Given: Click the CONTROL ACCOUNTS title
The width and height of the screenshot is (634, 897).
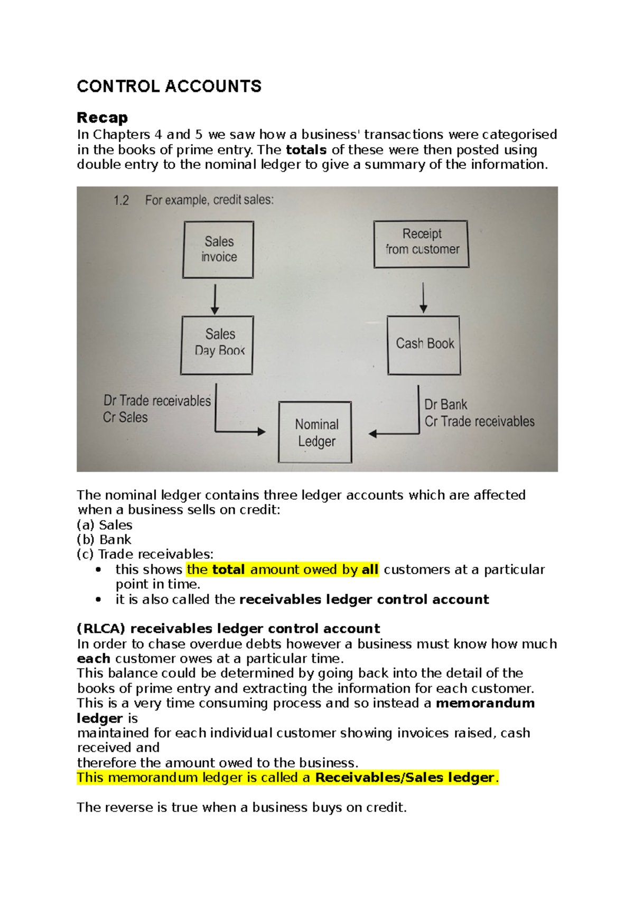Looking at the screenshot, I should click(169, 86).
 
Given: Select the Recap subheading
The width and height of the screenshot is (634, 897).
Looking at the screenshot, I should click(102, 117).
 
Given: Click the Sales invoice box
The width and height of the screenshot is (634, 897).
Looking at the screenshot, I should click(218, 249).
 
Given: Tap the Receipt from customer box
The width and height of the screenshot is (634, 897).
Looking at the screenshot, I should click(421, 244).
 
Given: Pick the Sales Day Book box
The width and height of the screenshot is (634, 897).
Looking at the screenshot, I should click(217, 345).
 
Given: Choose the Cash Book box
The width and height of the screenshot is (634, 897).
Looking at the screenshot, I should click(424, 345).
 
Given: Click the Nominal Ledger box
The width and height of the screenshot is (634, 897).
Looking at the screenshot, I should click(315, 432).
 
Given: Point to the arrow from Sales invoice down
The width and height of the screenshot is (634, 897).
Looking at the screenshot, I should click(215, 299).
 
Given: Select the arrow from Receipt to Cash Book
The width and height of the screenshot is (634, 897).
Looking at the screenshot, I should click(423, 297).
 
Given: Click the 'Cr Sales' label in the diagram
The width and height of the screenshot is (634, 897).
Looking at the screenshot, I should click(125, 417).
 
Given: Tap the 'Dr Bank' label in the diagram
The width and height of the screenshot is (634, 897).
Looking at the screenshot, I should click(446, 405).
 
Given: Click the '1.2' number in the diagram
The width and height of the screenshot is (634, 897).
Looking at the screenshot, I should click(121, 200).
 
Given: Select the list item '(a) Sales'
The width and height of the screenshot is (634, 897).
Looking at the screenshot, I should click(105, 525).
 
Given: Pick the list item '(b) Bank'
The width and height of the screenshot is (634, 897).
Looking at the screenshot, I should click(104, 539).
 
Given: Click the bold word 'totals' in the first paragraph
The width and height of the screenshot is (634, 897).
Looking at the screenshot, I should click(306, 149).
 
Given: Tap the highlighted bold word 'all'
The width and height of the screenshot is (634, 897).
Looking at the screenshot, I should click(370, 569).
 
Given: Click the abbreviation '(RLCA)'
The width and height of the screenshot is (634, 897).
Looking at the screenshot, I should click(101, 629).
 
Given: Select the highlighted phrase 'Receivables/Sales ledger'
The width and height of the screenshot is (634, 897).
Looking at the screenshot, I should click(405, 778).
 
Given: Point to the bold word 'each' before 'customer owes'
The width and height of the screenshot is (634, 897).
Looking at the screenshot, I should click(94, 659).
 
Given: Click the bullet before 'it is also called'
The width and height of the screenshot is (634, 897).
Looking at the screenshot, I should click(98, 600).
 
